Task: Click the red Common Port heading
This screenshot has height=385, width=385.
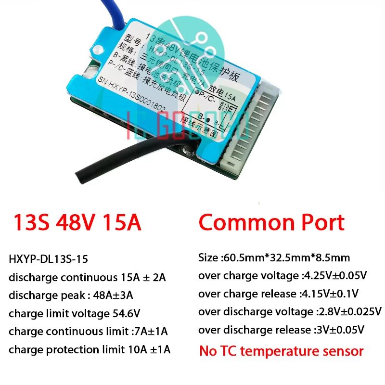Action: pos(271,222)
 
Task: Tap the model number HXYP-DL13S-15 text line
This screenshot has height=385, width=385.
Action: pos(48,259)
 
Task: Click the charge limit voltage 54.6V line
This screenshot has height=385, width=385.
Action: pos(75,314)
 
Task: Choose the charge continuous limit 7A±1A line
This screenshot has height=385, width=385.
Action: pos(88,332)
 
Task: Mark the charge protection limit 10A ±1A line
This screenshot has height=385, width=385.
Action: pos(90,349)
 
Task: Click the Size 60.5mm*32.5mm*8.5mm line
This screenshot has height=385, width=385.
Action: pos(274,258)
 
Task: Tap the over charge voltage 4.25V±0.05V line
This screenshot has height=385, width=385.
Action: pos(282,276)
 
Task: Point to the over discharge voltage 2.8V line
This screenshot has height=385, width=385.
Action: pos(290,311)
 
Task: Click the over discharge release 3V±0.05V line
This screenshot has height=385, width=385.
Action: pos(281,330)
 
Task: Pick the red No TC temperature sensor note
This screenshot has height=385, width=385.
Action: pos(281,351)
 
